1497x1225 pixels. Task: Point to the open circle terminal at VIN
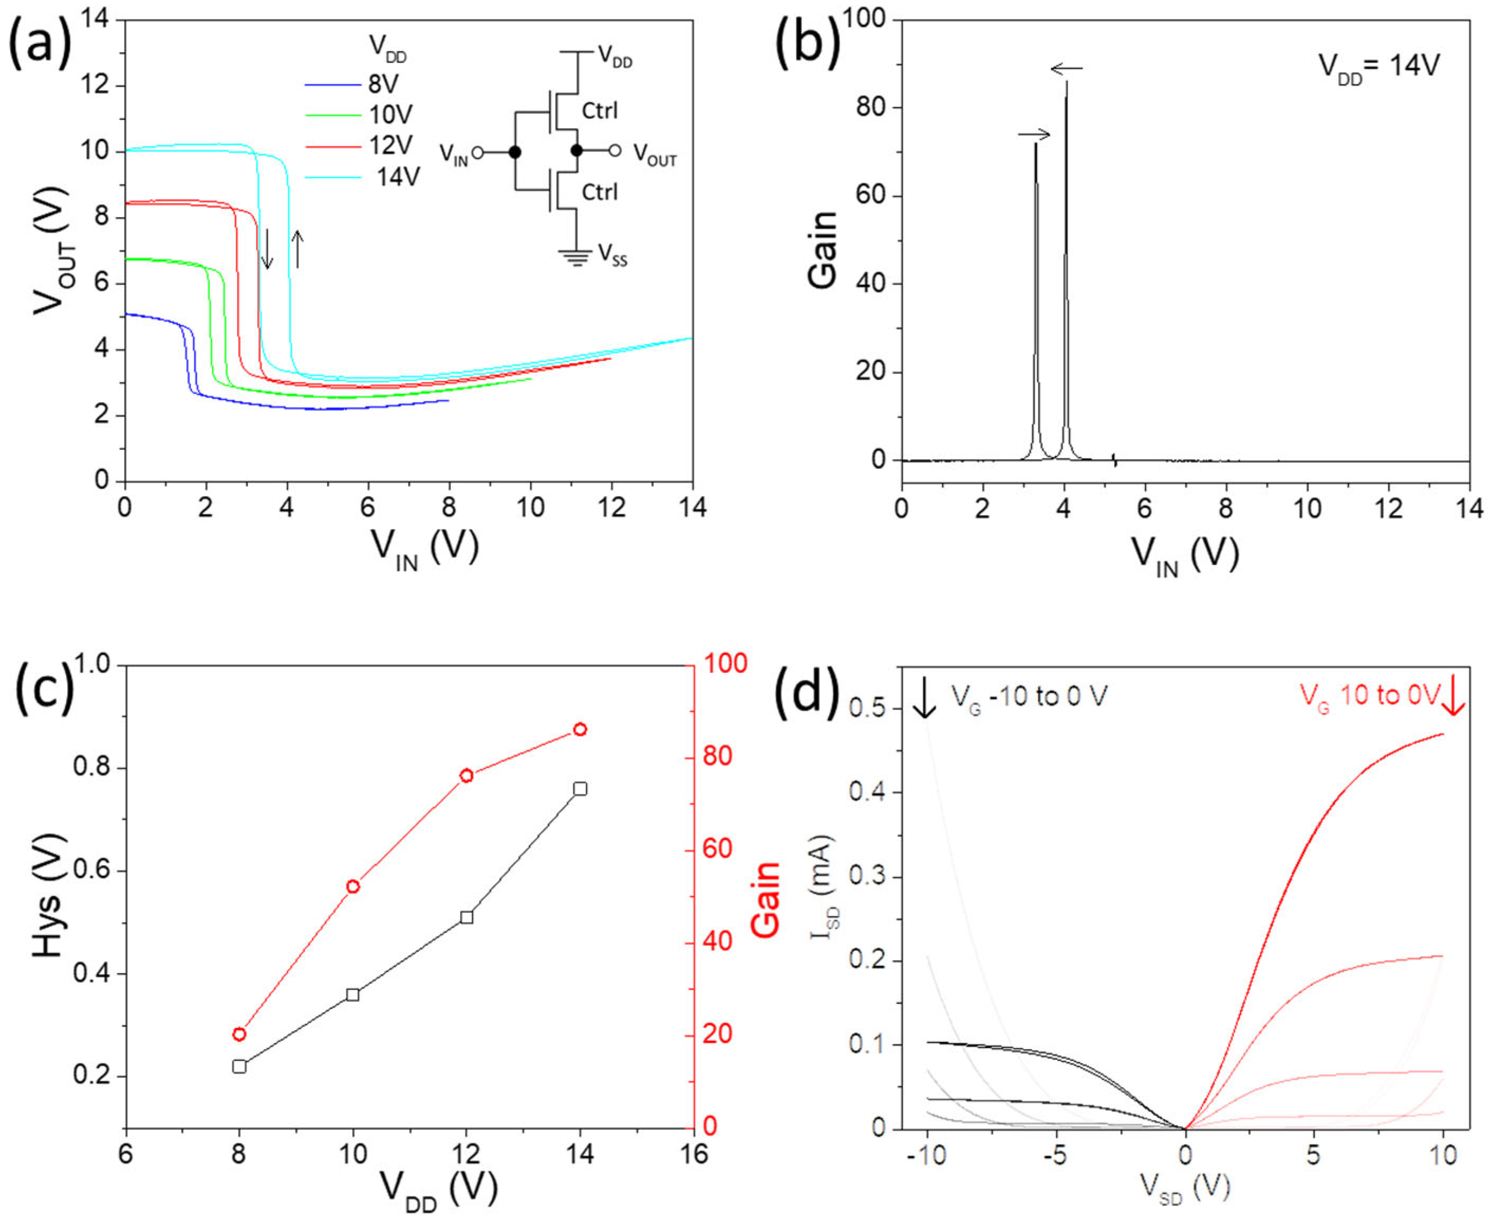pos(478,152)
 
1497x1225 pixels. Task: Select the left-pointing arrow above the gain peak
pos(1066,69)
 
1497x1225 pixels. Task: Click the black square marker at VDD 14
pos(580,789)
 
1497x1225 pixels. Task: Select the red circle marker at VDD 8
pos(239,1034)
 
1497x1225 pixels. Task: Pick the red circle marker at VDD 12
pos(466,776)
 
